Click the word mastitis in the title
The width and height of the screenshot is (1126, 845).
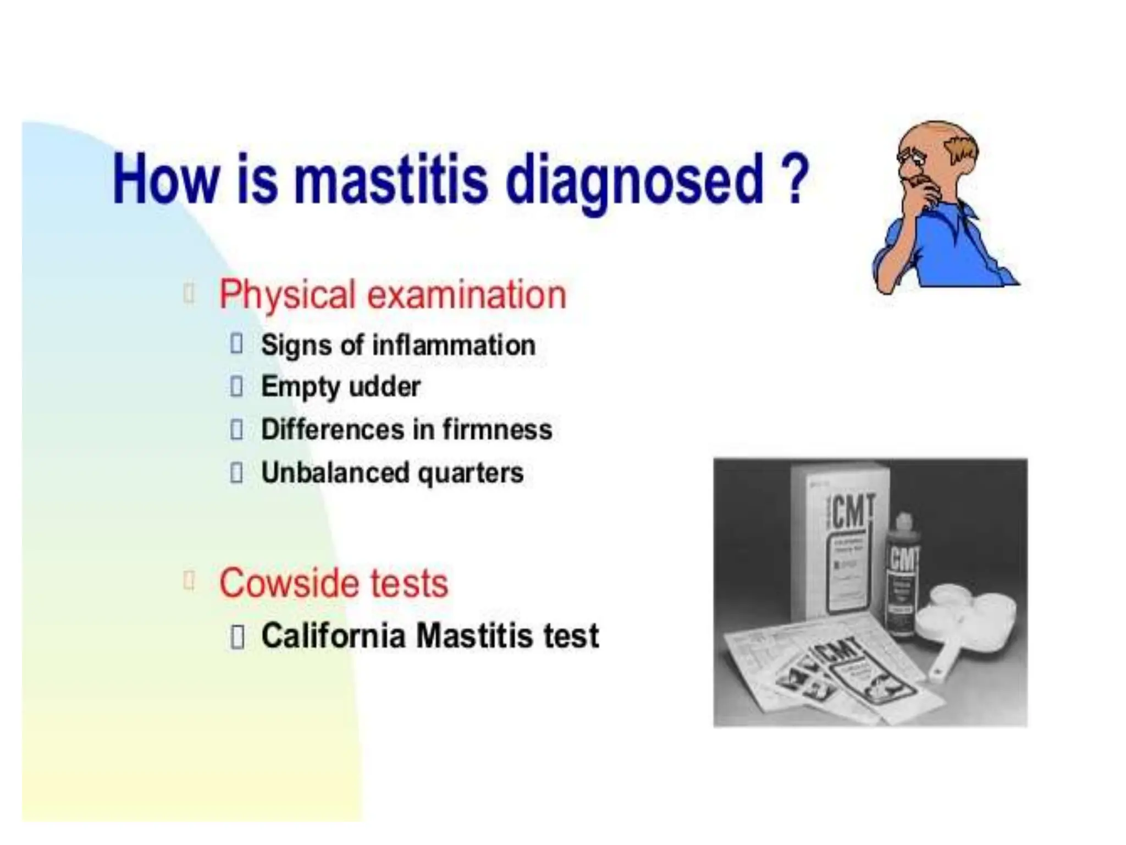point(390,179)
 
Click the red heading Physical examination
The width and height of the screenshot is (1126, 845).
point(392,295)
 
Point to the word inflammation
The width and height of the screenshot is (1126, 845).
point(454,345)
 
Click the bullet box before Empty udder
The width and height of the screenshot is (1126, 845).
point(236,387)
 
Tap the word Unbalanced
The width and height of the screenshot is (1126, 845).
point(335,473)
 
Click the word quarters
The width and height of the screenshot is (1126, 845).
point(471,474)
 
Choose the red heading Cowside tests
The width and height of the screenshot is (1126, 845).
point(334,583)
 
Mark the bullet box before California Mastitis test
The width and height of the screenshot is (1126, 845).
point(237,638)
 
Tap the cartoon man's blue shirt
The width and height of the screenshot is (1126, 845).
point(951,248)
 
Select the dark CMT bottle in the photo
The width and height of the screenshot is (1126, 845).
point(902,578)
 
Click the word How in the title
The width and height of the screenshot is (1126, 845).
point(165,179)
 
